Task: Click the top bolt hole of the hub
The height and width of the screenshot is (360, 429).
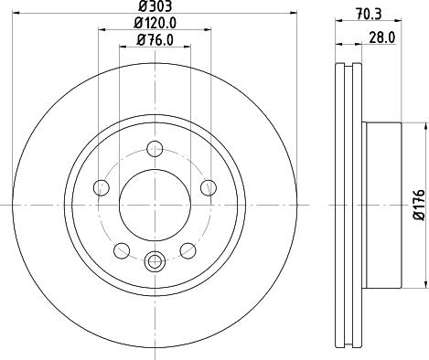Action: point(155,147)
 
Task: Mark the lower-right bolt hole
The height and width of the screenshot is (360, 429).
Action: point(188,249)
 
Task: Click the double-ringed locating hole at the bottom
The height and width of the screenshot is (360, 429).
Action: point(155,261)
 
